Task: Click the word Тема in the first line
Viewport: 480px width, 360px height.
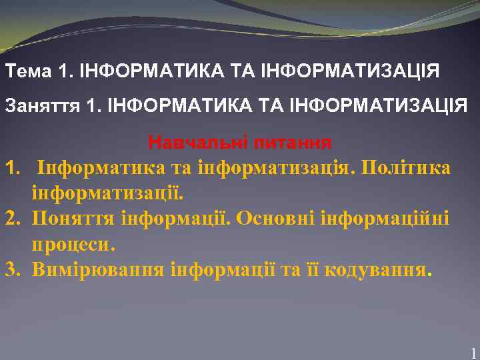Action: tap(27, 71)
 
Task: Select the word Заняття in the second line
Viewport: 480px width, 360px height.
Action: tap(42, 105)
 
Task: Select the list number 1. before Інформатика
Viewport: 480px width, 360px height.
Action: tap(14, 167)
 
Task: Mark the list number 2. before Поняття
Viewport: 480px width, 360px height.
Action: tap(14, 219)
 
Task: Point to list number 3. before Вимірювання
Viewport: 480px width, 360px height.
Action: tap(14, 270)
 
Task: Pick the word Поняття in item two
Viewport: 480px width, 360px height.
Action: tap(73, 219)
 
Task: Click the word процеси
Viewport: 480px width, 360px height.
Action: tap(73, 244)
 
